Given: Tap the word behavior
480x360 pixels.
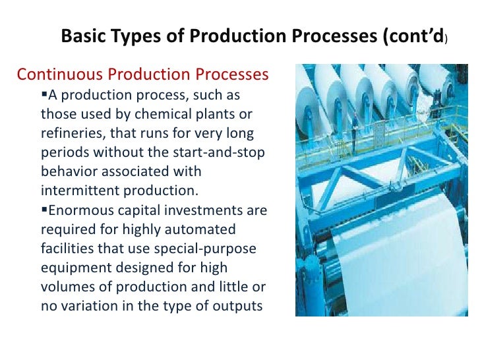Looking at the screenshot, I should tap(69, 171).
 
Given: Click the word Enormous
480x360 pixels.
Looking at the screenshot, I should tap(81, 210).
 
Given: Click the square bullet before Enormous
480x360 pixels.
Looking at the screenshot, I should tap(45, 210).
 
